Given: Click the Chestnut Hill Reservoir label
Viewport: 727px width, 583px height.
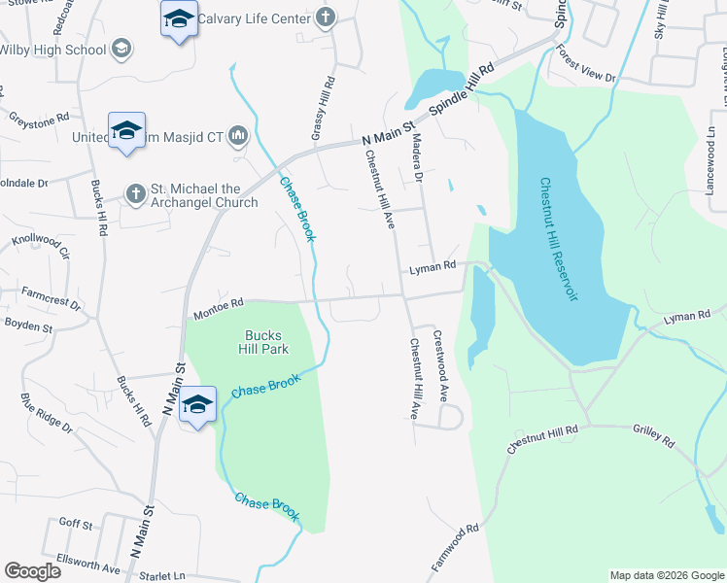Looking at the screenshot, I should [559, 239].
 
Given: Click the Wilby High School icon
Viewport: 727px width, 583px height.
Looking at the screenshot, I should [121, 49].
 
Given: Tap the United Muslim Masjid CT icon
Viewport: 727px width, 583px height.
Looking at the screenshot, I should [237, 137].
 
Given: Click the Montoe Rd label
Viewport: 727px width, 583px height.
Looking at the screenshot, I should [218, 305].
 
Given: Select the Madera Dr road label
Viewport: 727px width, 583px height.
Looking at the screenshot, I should [420, 157].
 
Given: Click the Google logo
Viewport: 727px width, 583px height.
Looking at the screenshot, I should [32, 570].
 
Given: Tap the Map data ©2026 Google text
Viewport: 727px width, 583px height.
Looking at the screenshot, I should [667, 575].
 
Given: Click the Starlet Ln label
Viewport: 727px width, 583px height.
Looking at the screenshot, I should [162, 575].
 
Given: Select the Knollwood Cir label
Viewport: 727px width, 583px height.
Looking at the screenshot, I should [41, 247].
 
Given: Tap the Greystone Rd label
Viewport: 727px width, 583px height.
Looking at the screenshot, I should [40, 117].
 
